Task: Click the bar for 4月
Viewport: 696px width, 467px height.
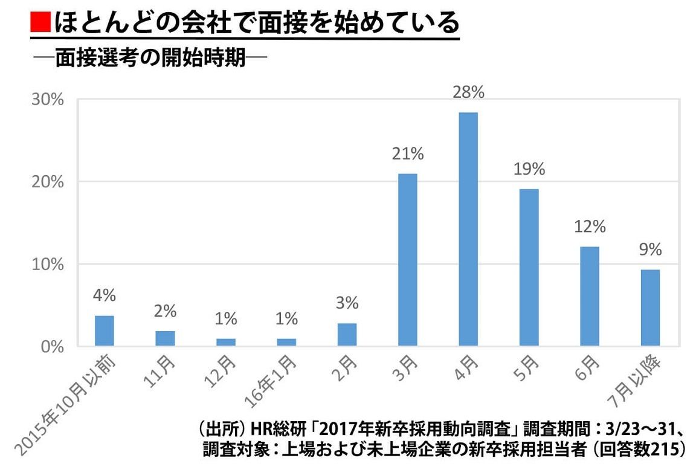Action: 468,230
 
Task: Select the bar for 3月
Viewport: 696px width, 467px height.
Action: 407,260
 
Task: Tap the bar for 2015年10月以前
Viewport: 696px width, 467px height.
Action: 105,331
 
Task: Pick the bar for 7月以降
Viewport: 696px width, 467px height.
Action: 650,308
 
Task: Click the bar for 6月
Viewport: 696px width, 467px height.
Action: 589,297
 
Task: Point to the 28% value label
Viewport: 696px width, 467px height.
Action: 468,92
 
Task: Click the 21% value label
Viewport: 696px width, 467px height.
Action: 407,153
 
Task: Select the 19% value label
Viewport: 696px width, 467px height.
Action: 529,169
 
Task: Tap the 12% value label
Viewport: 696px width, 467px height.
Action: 589,227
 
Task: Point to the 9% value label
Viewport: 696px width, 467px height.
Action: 650,250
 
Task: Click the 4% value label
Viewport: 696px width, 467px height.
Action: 105,296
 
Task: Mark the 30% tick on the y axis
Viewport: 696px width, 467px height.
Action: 48,100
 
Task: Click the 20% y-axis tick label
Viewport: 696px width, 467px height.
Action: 48,182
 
